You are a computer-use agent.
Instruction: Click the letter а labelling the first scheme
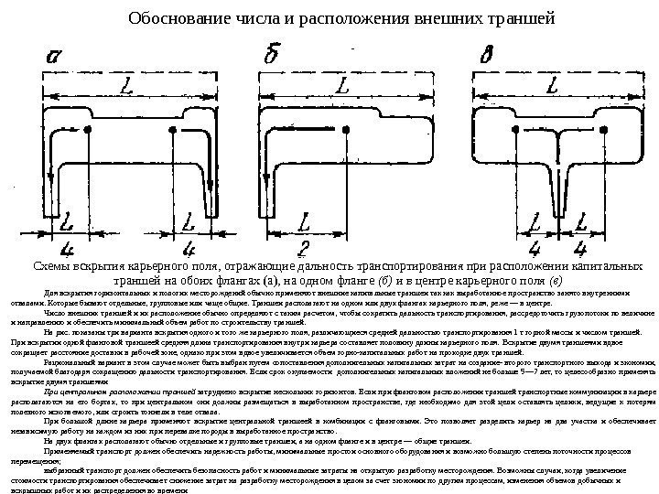[x=54, y=59]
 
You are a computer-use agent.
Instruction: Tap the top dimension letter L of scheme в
[x=552, y=87]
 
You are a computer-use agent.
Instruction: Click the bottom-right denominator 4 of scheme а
[x=189, y=248]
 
